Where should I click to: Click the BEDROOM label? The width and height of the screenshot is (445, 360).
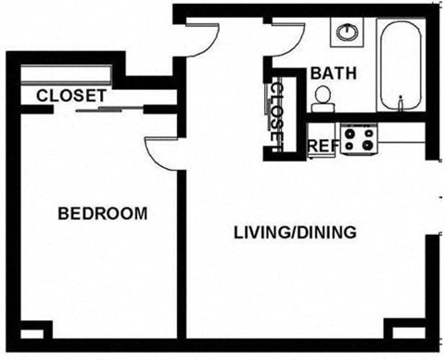(x=102, y=213)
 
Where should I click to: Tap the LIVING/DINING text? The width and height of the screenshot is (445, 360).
(x=295, y=233)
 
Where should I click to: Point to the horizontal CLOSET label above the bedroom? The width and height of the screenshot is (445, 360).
(x=70, y=95)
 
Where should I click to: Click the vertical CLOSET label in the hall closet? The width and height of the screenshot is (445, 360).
(x=276, y=113)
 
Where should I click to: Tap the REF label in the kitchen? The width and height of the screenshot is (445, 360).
(x=322, y=146)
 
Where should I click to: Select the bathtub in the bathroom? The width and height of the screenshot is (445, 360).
(x=400, y=65)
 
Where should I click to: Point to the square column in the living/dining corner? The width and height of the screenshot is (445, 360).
(x=403, y=329)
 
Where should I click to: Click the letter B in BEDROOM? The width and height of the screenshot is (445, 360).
(x=63, y=213)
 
